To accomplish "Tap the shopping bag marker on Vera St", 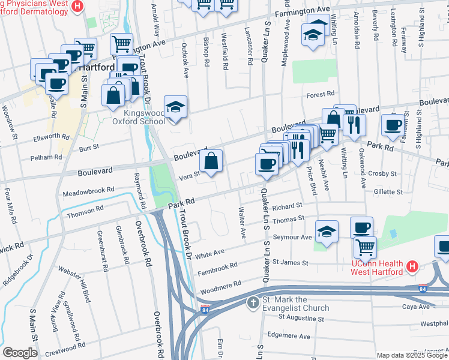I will [x=211, y=161].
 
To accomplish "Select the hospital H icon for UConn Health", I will [x=412, y=266].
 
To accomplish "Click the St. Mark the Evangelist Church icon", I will [x=254, y=301].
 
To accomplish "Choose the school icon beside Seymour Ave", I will [x=327, y=232].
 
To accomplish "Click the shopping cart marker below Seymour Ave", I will [x=364, y=246].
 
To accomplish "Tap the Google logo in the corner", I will [x=20, y=353].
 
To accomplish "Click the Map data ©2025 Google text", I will [x=411, y=355].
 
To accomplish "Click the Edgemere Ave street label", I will [x=288, y=335].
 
